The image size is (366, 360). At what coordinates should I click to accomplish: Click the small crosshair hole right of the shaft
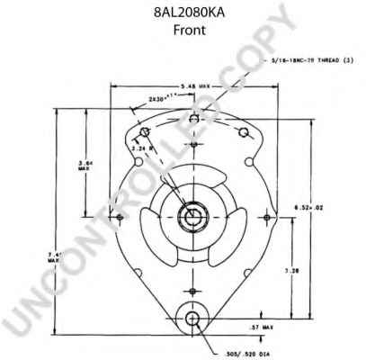(267, 217)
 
